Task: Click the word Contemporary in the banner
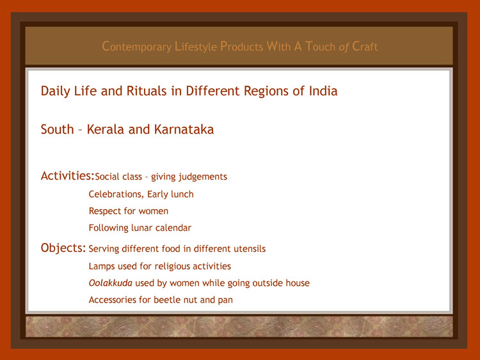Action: [136, 47]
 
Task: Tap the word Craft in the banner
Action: [365, 47]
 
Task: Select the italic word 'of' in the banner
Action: [344, 47]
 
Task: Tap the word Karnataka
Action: [184, 129]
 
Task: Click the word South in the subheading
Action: [57, 129]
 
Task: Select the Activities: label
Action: [67, 176]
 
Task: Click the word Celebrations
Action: [116, 194]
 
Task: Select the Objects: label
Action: [63, 247]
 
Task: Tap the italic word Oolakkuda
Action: [111, 283]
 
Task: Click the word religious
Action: [172, 267]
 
